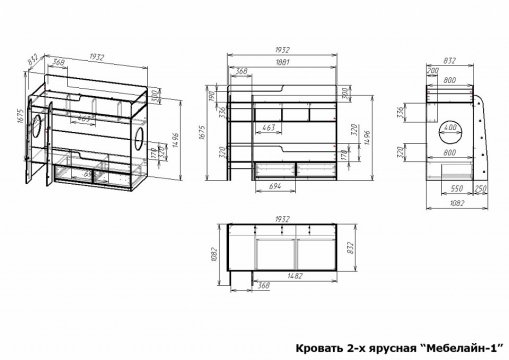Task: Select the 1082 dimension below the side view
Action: tap(455, 204)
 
